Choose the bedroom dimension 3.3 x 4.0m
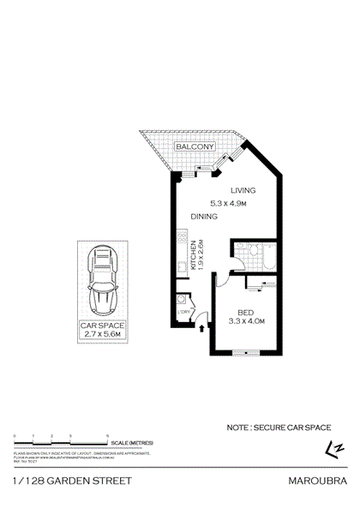point(248,320)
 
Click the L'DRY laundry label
point(184,313)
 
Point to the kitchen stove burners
point(182,238)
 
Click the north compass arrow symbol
point(333,447)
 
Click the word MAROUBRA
point(324,481)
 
